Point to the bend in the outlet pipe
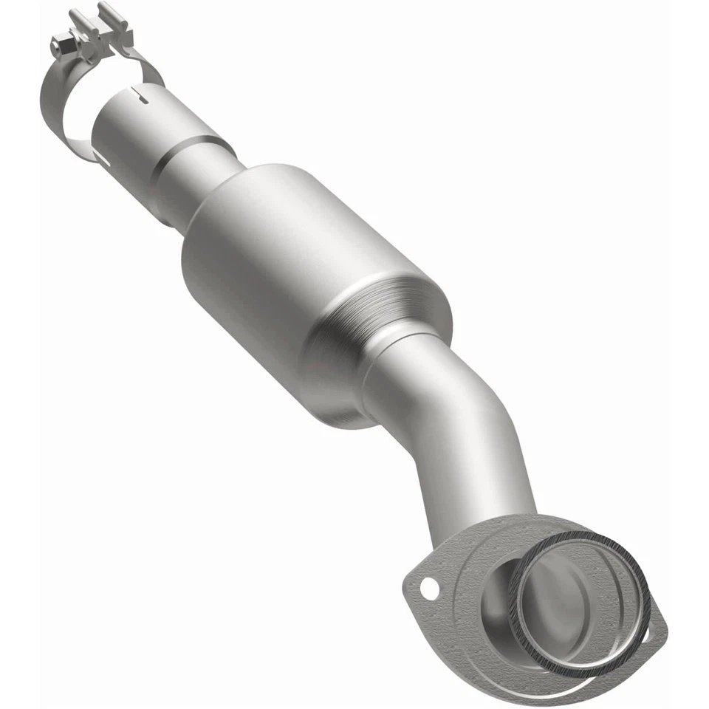click(x=458, y=428)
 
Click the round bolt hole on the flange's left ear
click(x=428, y=589)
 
